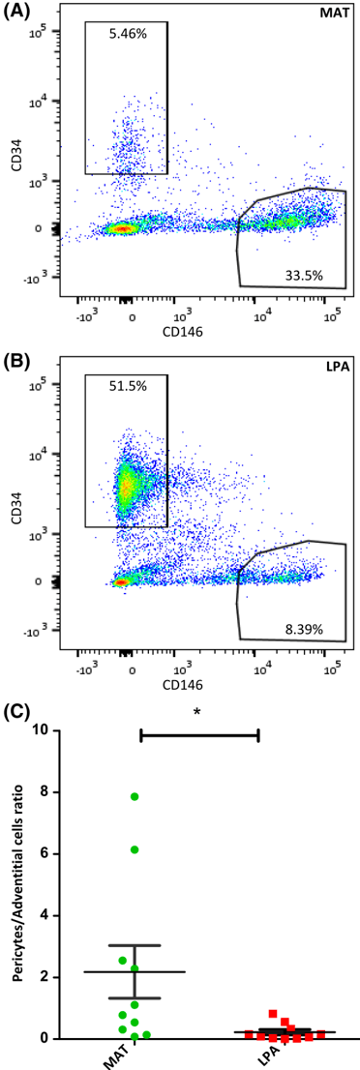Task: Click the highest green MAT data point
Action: (x=135, y=796)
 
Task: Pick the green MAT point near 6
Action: (x=135, y=849)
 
